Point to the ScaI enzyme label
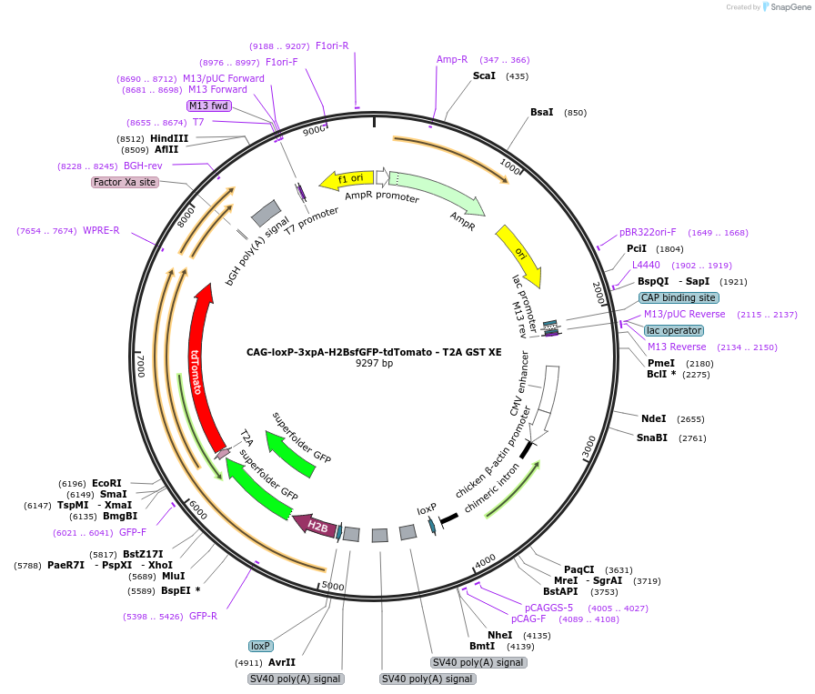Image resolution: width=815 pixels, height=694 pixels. pos(484,75)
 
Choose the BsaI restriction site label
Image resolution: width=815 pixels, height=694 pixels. pos(542,112)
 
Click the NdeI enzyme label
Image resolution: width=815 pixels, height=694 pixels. pos(653,418)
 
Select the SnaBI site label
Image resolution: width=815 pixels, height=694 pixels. pos(651,438)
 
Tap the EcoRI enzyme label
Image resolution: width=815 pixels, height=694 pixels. pos(106,483)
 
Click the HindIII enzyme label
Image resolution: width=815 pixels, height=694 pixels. pos(169,138)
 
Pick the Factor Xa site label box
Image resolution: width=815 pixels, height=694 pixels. pos(125,182)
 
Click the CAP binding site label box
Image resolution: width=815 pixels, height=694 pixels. pos(679,297)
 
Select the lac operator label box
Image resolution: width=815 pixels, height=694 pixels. pos(673,330)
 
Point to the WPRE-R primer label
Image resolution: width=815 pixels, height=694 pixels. pos(101,230)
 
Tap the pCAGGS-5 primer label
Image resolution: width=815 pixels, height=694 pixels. pos(548,608)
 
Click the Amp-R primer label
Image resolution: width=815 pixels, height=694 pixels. pos(452,59)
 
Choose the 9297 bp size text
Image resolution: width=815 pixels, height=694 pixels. pos(374,364)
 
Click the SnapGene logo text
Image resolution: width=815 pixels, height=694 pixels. pos(786,7)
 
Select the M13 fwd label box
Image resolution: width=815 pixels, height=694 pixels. pos(209,106)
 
